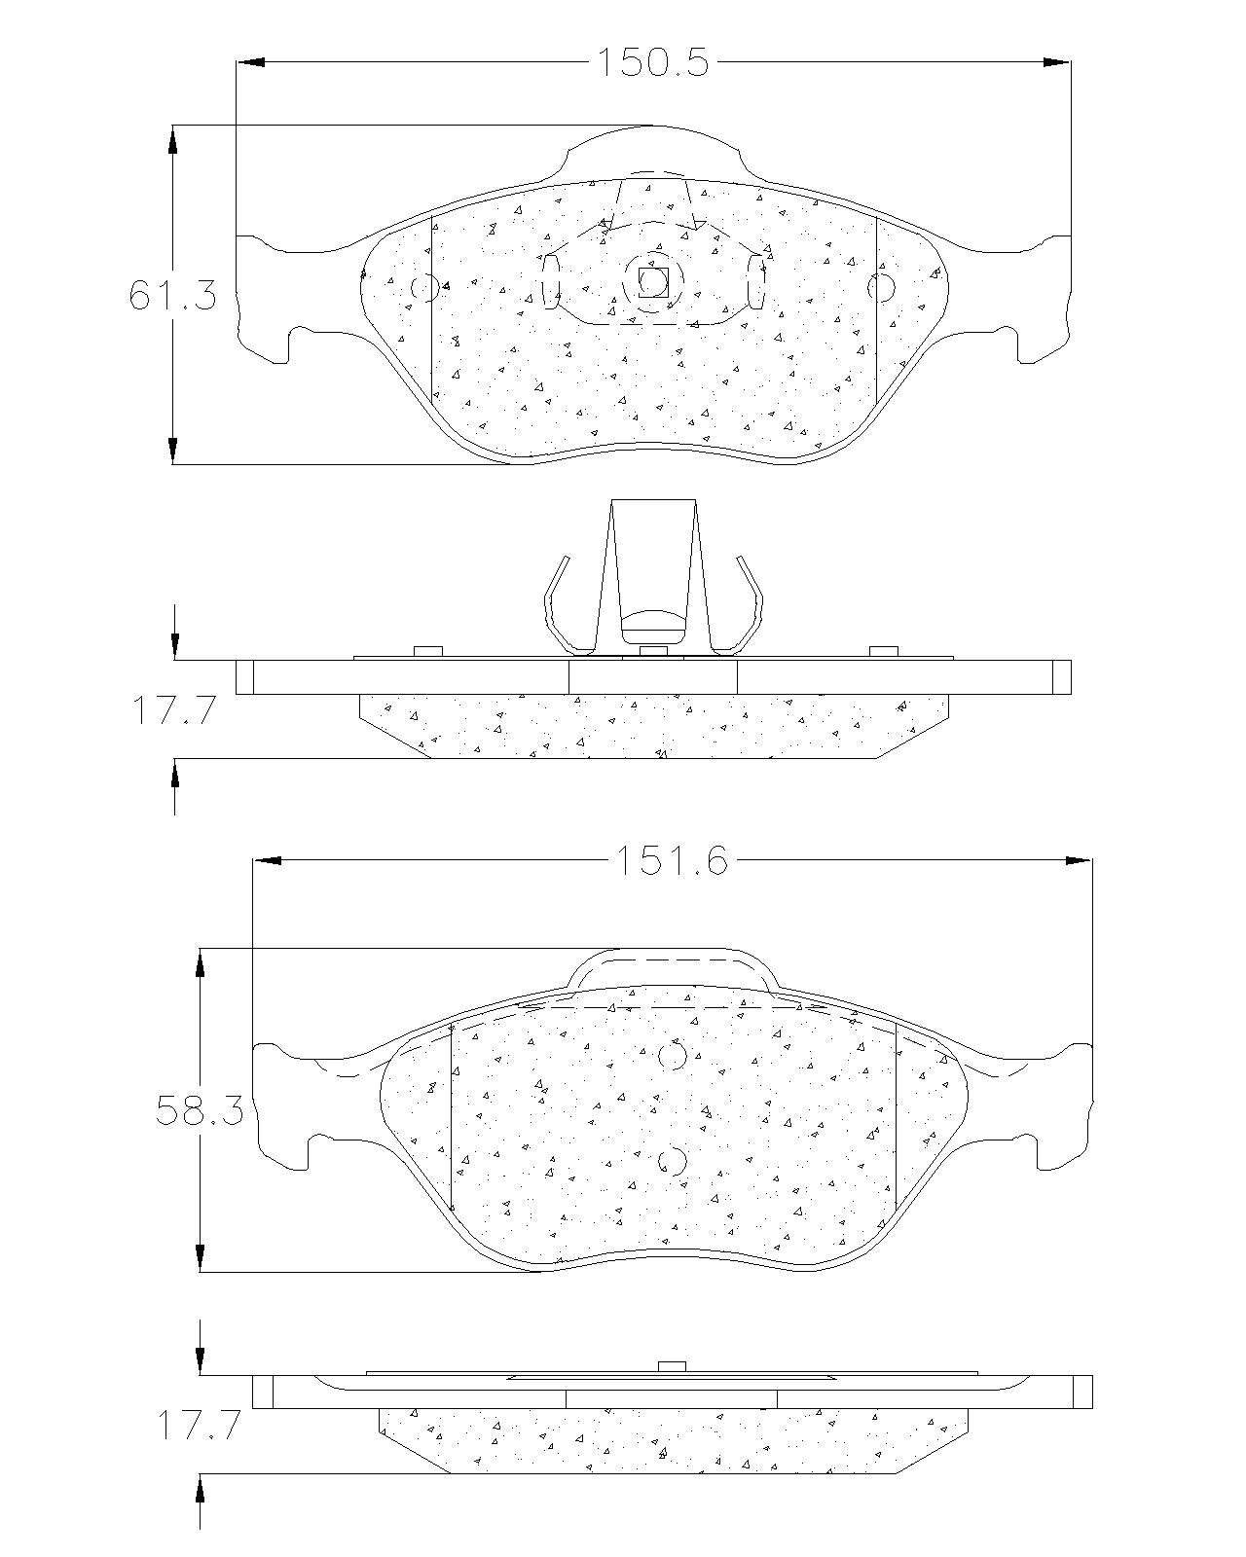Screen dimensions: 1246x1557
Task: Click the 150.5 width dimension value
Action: (x=652, y=62)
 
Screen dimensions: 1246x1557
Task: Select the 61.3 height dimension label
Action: (x=173, y=295)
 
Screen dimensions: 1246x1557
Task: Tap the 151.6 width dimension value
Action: (x=671, y=860)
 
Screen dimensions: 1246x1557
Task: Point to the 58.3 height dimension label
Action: (x=200, y=1110)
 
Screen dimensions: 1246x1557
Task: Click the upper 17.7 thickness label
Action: (x=174, y=709)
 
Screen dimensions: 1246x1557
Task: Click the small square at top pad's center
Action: (x=652, y=282)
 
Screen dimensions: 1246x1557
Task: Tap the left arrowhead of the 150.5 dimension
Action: (x=250, y=62)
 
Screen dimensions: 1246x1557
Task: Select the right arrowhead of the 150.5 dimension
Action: (x=1056, y=62)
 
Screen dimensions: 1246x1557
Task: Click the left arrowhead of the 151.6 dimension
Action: (x=267, y=860)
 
